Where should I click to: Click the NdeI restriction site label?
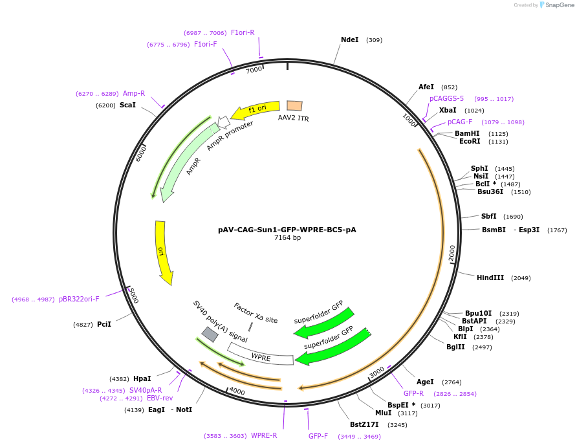[x=349, y=39]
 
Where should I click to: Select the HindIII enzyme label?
[x=490, y=278]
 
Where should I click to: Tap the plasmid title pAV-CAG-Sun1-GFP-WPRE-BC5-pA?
[x=287, y=229]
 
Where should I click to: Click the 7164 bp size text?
[x=287, y=238]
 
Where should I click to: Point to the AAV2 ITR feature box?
[x=294, y=106]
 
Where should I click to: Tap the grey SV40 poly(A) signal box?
[x=210, y=334]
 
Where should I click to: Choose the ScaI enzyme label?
[x=127, y=105]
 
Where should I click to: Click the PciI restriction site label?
[x=104, y=324]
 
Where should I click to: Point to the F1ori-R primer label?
[x=243, y=32]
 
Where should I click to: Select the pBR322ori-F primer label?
[x=79, y=299]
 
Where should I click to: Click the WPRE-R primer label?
[x=264, y=435]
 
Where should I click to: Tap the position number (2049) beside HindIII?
[x=521, y=278]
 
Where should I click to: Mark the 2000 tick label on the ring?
[x=452, y=253]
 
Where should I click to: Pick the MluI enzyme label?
[x=383, y=413]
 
